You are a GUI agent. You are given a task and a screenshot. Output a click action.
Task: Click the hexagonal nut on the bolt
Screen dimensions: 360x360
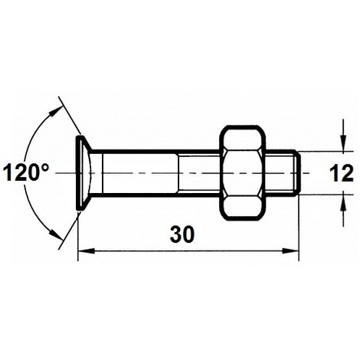244,173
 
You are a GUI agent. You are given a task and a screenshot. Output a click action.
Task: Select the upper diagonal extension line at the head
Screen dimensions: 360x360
68,119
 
